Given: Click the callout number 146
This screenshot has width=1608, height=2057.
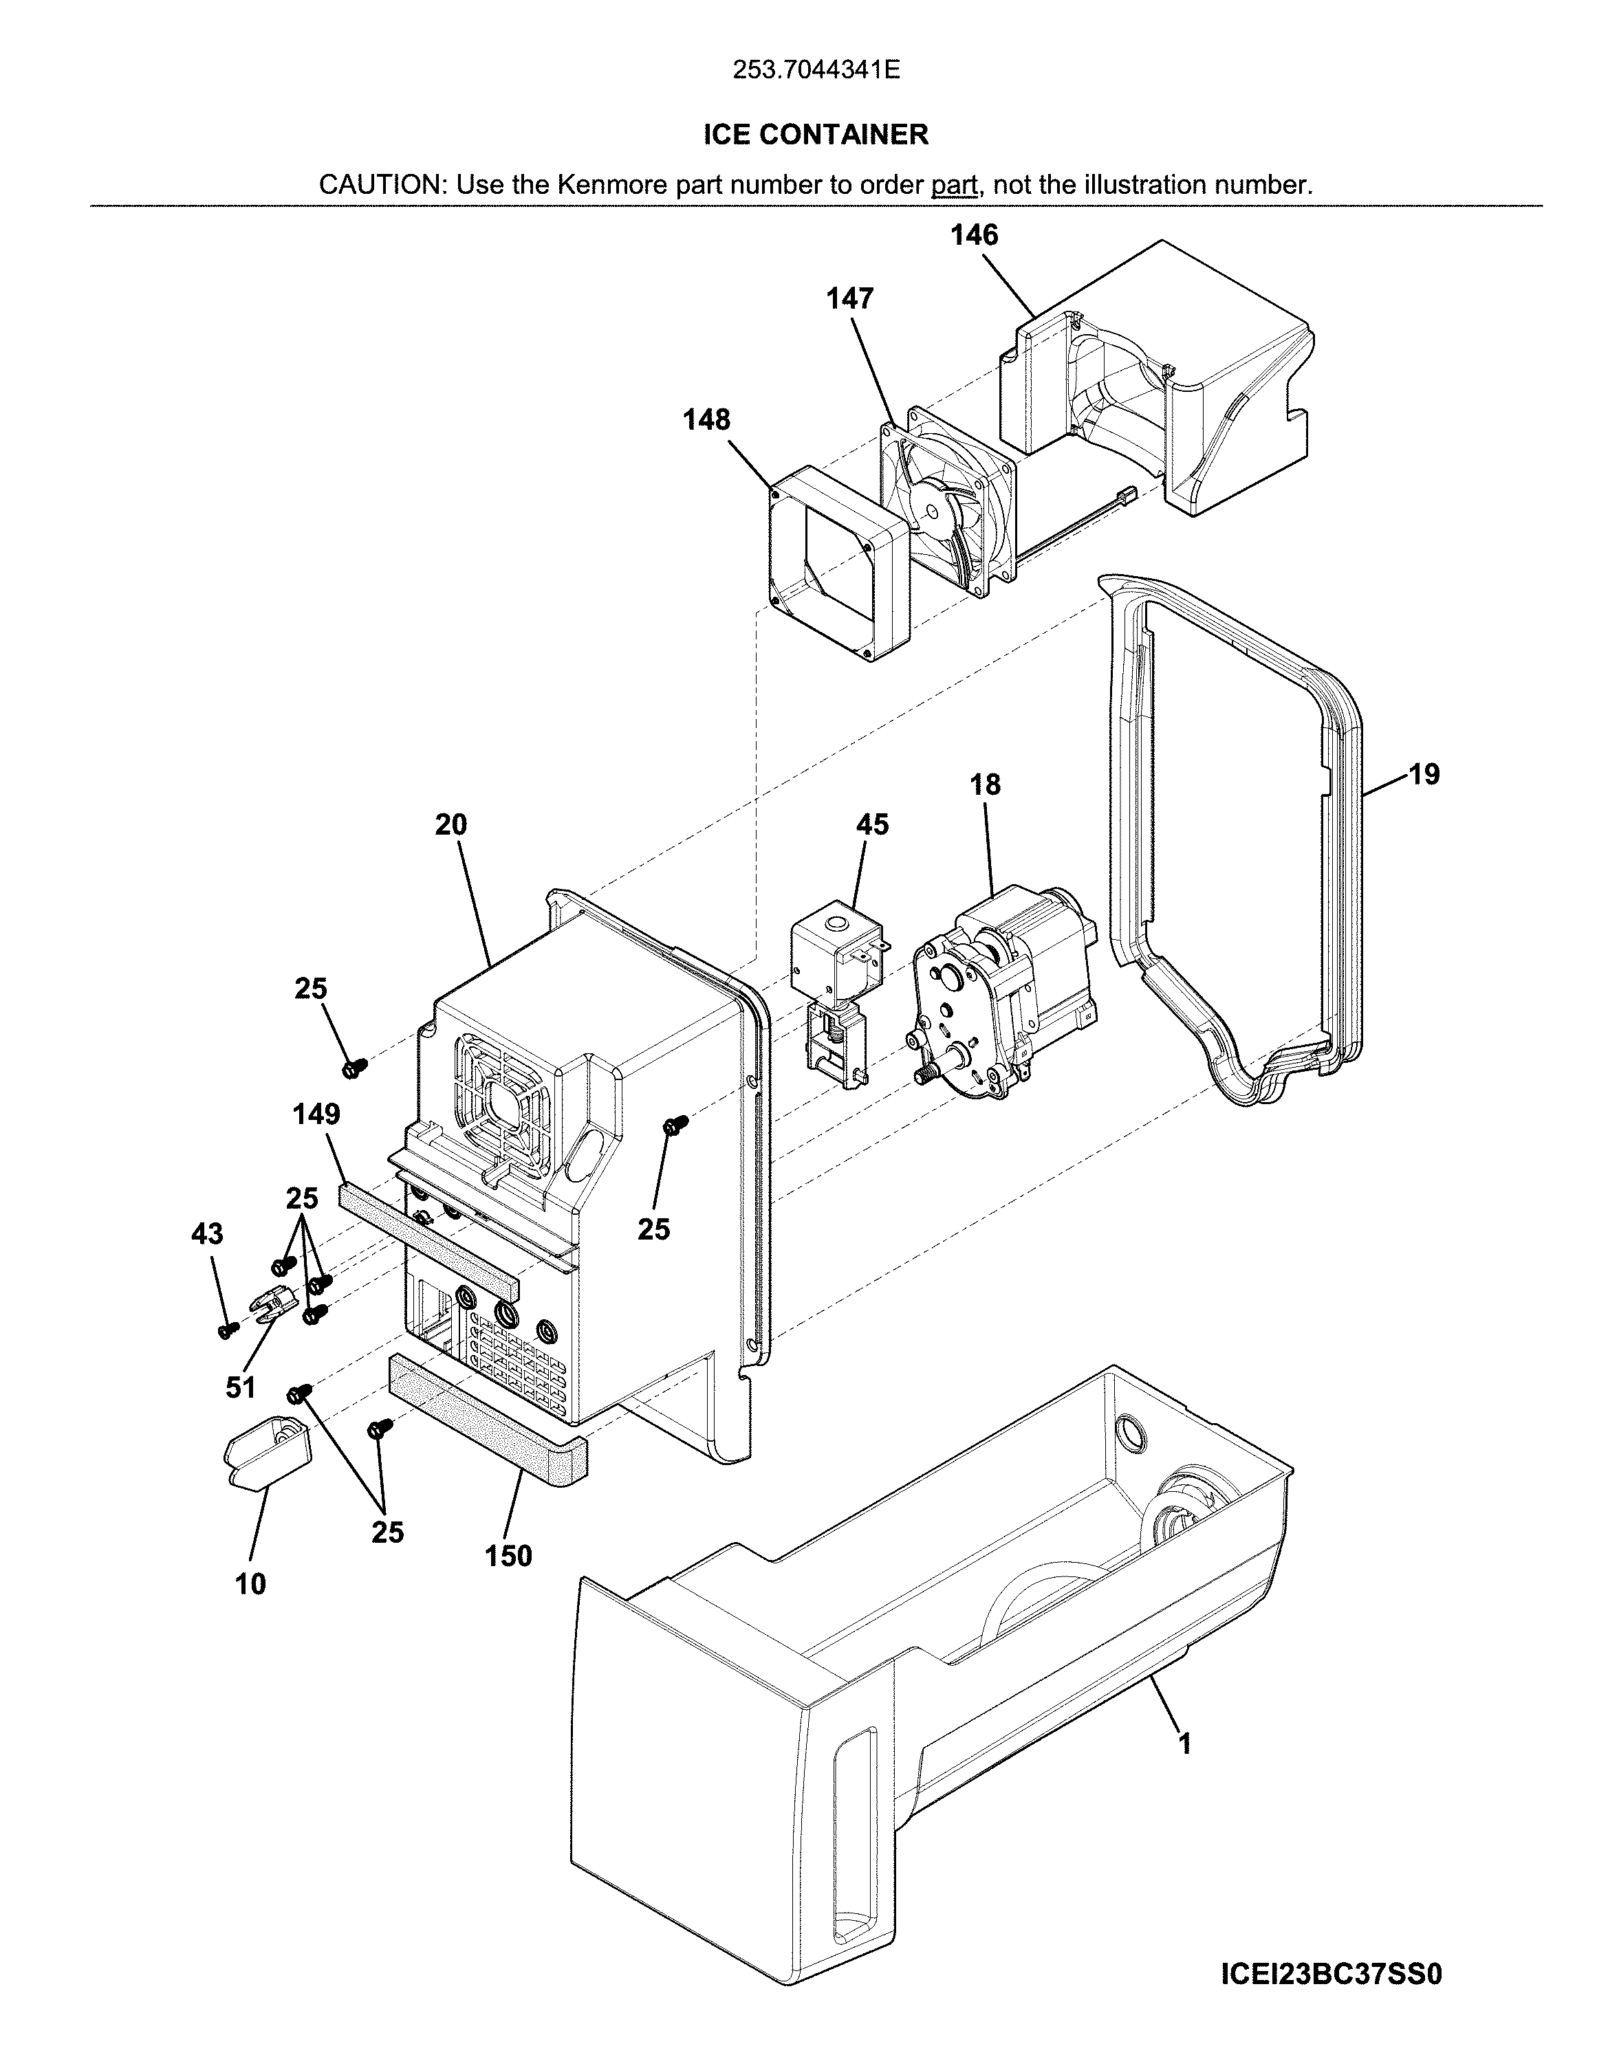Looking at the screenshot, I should pyautogui.click(x=973, y=235).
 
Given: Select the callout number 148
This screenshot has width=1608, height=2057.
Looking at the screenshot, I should pyautogui.click(x=706, y=419).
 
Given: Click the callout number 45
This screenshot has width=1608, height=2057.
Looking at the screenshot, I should pyautogui.click(x=871, y=824).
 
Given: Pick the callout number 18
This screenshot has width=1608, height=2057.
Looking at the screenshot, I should pyautogui.click(x=986, y=784).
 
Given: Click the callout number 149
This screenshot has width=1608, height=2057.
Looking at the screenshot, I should pyautogui.click(x=316, y=1114).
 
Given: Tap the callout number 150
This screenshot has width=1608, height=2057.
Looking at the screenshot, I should pyautogui.click(x=509, y=1555).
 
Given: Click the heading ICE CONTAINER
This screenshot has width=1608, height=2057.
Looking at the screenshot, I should pyautogui.click(x=816, y=135).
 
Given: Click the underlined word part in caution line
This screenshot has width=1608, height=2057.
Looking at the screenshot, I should pyautogui.click(x=953, y=185).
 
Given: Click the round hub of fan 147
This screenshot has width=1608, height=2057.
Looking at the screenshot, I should pyautogui.click(x=935, y=509).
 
